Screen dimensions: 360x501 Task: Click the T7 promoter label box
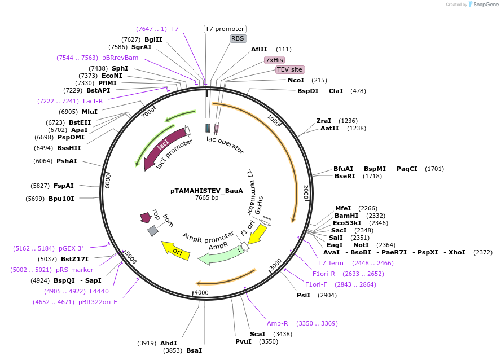coord(225,29)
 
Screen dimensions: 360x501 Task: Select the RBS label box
coord(238,38)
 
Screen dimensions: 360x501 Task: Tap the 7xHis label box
coord(275,60)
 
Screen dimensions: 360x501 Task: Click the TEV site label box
coord(290,69)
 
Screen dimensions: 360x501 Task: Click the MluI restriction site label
coord(90,112)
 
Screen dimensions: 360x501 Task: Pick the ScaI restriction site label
coord(257,334)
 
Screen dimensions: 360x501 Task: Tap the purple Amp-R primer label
coord(278,323)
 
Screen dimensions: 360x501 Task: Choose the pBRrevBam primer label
coord(120,58)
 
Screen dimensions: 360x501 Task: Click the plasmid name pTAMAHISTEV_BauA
coord(206,191)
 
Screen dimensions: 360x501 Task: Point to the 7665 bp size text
coord(206,198)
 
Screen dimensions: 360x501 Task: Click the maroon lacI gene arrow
coord(164,147)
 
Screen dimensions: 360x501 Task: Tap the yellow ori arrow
coord(176,250)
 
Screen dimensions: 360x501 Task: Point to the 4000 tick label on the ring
coord(201,292)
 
